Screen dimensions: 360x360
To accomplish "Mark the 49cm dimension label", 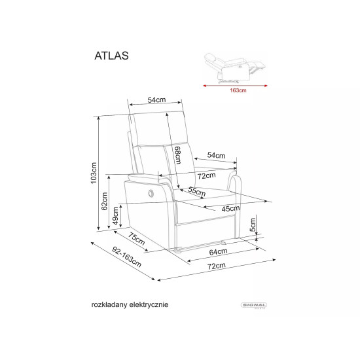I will click(116, 215).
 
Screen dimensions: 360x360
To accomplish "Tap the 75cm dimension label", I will click(136, 240).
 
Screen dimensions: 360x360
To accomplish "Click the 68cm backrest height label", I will click(177, 158).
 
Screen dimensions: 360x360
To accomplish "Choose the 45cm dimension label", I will click(230, 209).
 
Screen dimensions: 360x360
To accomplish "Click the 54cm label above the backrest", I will click(156, 100).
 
